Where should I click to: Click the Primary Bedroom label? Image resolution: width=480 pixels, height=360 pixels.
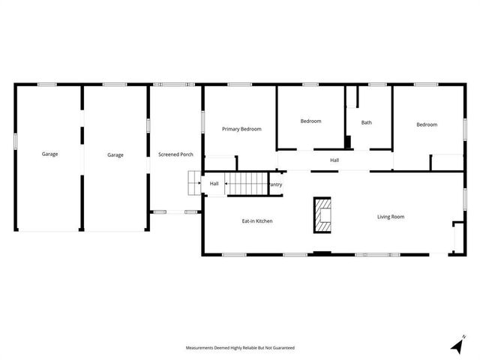241,129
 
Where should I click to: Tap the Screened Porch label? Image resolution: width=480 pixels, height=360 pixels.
175,154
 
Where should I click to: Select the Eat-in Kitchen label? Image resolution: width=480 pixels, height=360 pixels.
256,221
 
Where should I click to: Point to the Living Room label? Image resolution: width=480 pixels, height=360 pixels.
390,217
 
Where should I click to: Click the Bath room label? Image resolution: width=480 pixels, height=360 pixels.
366,123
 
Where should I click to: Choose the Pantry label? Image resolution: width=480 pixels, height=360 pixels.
275,184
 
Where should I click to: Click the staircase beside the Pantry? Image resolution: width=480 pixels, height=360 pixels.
247,182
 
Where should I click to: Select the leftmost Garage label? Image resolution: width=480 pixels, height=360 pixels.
49,154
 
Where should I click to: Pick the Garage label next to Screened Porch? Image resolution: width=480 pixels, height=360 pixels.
115,154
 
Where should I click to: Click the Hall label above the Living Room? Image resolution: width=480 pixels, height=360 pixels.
334,160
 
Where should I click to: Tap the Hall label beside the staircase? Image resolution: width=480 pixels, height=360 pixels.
214,183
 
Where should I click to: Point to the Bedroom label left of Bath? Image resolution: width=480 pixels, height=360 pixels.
310,121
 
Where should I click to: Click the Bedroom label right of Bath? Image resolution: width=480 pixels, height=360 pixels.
427,124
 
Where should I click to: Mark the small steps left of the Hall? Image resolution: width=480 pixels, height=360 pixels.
193,182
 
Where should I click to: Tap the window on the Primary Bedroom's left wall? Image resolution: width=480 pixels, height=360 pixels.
202,122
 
